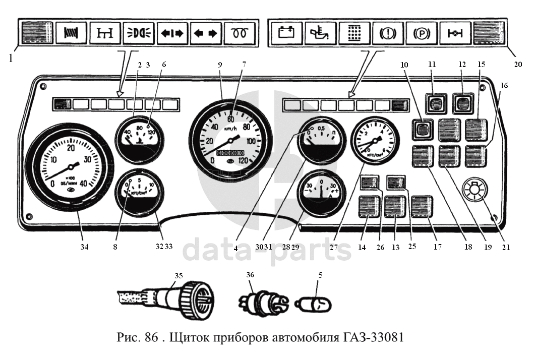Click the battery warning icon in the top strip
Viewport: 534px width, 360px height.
coord(285,33)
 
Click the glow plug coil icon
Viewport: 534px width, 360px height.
coord(240,33)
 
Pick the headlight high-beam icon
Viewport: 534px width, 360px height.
coord(138,33)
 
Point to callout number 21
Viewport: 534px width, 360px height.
coord(506,247)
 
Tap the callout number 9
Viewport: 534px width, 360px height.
coord(221,66)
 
